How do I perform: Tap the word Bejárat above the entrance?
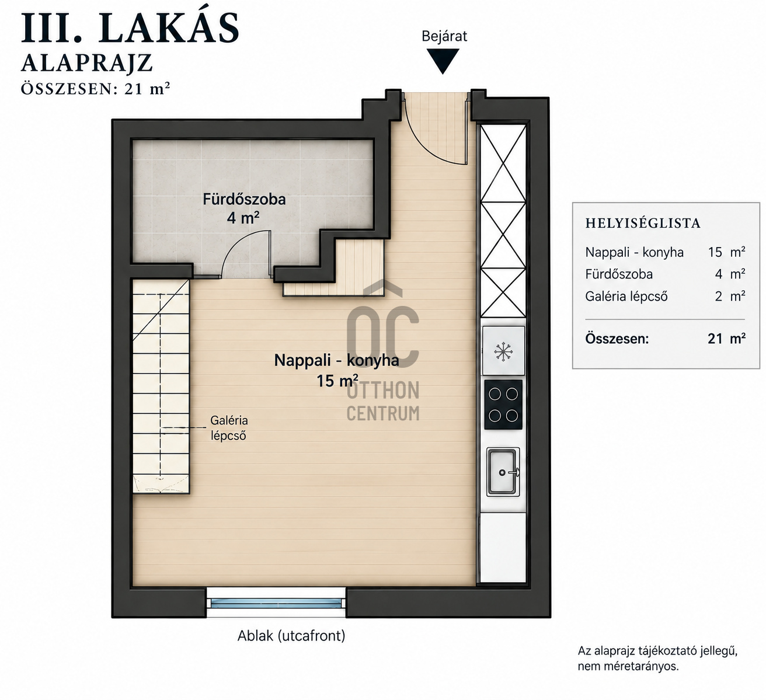tap(444, 36)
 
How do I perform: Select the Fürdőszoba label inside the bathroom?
tap(244, 199)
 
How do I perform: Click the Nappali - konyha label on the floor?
tap(336, 360)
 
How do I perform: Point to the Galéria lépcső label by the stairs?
tap(229, 428)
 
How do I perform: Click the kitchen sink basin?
tap(503, 472)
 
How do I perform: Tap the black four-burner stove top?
tap(503, 405)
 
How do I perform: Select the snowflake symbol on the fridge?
tap(503, 351)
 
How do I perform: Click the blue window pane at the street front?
tap(276, 603)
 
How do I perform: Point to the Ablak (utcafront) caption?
tap(291, 636)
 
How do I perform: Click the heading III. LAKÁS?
tap(130, 28)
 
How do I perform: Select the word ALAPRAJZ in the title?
tap(87, 63)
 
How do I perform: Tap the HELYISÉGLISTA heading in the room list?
tap(643, 224)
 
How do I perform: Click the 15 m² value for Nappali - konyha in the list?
tap(726, 252)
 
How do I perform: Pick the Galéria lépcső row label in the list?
tap(626, 297)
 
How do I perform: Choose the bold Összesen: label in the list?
tap(617, 339)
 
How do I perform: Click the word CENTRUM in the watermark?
tap(383, 413)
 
